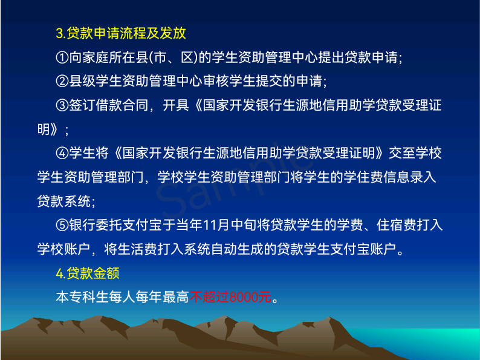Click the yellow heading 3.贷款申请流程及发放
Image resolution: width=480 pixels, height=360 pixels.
121,33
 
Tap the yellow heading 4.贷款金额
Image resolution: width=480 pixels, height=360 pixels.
88,273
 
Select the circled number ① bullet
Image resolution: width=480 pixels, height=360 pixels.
62,57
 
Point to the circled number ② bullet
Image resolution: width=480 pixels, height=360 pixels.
62,81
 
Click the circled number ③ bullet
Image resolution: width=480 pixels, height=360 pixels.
62,105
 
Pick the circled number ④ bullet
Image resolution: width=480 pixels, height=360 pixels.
62,153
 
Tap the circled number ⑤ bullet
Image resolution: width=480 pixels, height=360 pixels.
62,225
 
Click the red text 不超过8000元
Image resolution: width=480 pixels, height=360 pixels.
230,297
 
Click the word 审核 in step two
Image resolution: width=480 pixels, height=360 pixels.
216,81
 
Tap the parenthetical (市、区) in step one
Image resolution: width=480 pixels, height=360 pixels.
174,57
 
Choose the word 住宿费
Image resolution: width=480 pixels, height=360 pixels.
397,225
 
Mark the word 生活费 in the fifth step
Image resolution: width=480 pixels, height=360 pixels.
137,249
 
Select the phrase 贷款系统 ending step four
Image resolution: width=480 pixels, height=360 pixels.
64,201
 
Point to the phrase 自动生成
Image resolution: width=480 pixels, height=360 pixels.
237,249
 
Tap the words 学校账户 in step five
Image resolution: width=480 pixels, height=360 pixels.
64,249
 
